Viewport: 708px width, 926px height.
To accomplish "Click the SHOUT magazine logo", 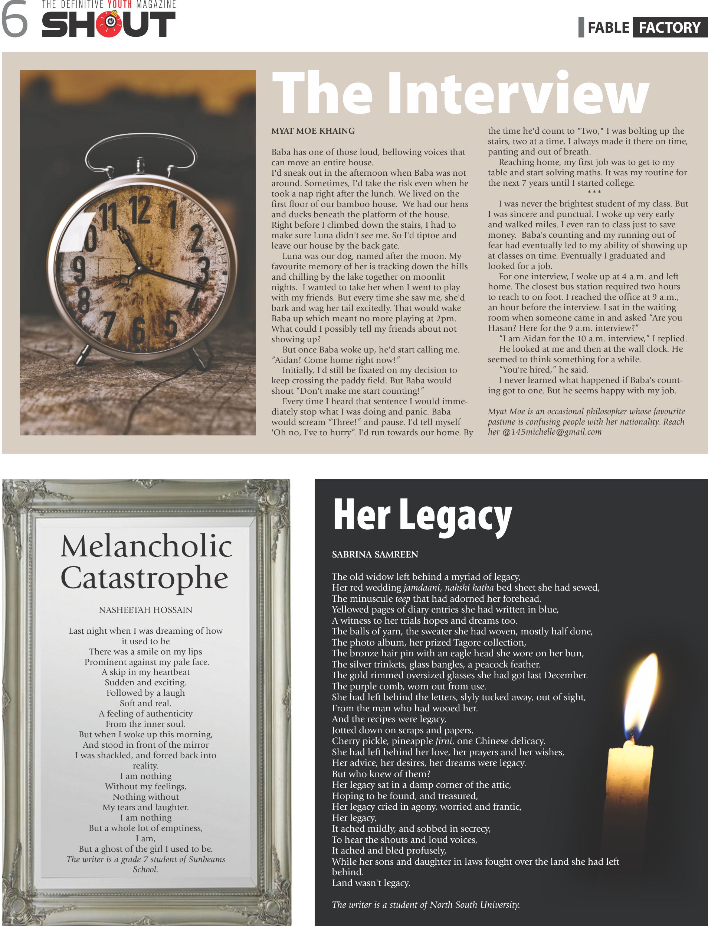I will pyautogui.click(x=108, y=24).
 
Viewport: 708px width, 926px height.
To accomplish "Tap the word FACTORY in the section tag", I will pyautogui.click(x=670, y=28).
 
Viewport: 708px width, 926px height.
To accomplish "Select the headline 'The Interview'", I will pyautogui.click(x=460, y=92).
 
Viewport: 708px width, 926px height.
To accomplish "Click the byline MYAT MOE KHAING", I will pyautogui.click(x=313, y=131).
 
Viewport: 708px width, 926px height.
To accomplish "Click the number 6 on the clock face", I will pyautogui.click(x=139, y=329).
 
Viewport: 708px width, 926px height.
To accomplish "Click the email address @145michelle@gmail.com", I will pyautogui.click(x=552, y=432).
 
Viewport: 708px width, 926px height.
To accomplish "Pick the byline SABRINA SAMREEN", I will pyautogui.click(x=375, y=554).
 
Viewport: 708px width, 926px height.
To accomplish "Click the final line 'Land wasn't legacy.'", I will pyautogui.click(x=371, y=883).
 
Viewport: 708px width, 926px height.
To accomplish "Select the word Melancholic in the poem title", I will pyautogui.click(x=146, y=546).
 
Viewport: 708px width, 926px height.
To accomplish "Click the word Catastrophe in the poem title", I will pyautogui.click(x=145, y=578).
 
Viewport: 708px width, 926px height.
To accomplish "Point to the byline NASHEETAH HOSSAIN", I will pyautogui.click(x=145, y=610).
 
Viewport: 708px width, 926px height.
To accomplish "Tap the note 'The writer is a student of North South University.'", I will pyautogui.click(x=426, y=904).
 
